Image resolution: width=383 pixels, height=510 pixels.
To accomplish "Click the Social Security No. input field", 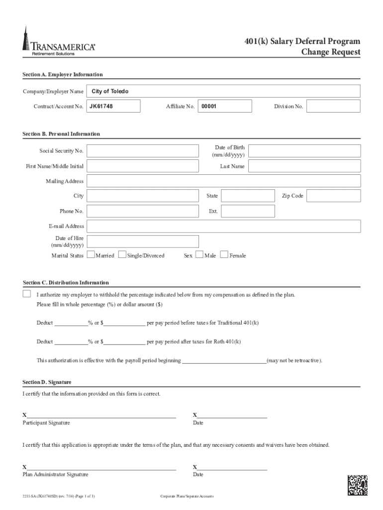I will point(142,151).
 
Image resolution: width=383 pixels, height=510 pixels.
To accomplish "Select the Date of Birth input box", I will point(304,151).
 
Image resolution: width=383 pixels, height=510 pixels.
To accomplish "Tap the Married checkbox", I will point(91,255).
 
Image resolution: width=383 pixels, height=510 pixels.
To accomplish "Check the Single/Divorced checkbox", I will point(122,255).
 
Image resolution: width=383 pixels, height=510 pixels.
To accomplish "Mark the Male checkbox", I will point(199,255).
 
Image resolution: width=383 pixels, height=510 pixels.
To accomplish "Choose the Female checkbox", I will point(224,255).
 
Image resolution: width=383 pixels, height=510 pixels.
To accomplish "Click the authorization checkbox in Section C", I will point(27,294).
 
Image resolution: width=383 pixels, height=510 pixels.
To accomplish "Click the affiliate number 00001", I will point(209,106).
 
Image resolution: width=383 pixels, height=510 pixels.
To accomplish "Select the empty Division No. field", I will point(333,106).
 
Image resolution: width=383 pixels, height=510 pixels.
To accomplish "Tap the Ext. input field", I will point(248,211).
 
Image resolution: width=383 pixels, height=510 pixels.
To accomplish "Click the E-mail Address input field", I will point(223,226).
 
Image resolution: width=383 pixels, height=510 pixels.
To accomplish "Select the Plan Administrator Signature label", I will point(55,475).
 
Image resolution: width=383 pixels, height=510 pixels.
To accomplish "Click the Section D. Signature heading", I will point(47,382).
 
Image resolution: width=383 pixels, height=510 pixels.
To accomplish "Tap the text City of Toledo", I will point(110,91).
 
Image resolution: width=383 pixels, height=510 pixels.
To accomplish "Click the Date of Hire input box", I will point(142,242).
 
